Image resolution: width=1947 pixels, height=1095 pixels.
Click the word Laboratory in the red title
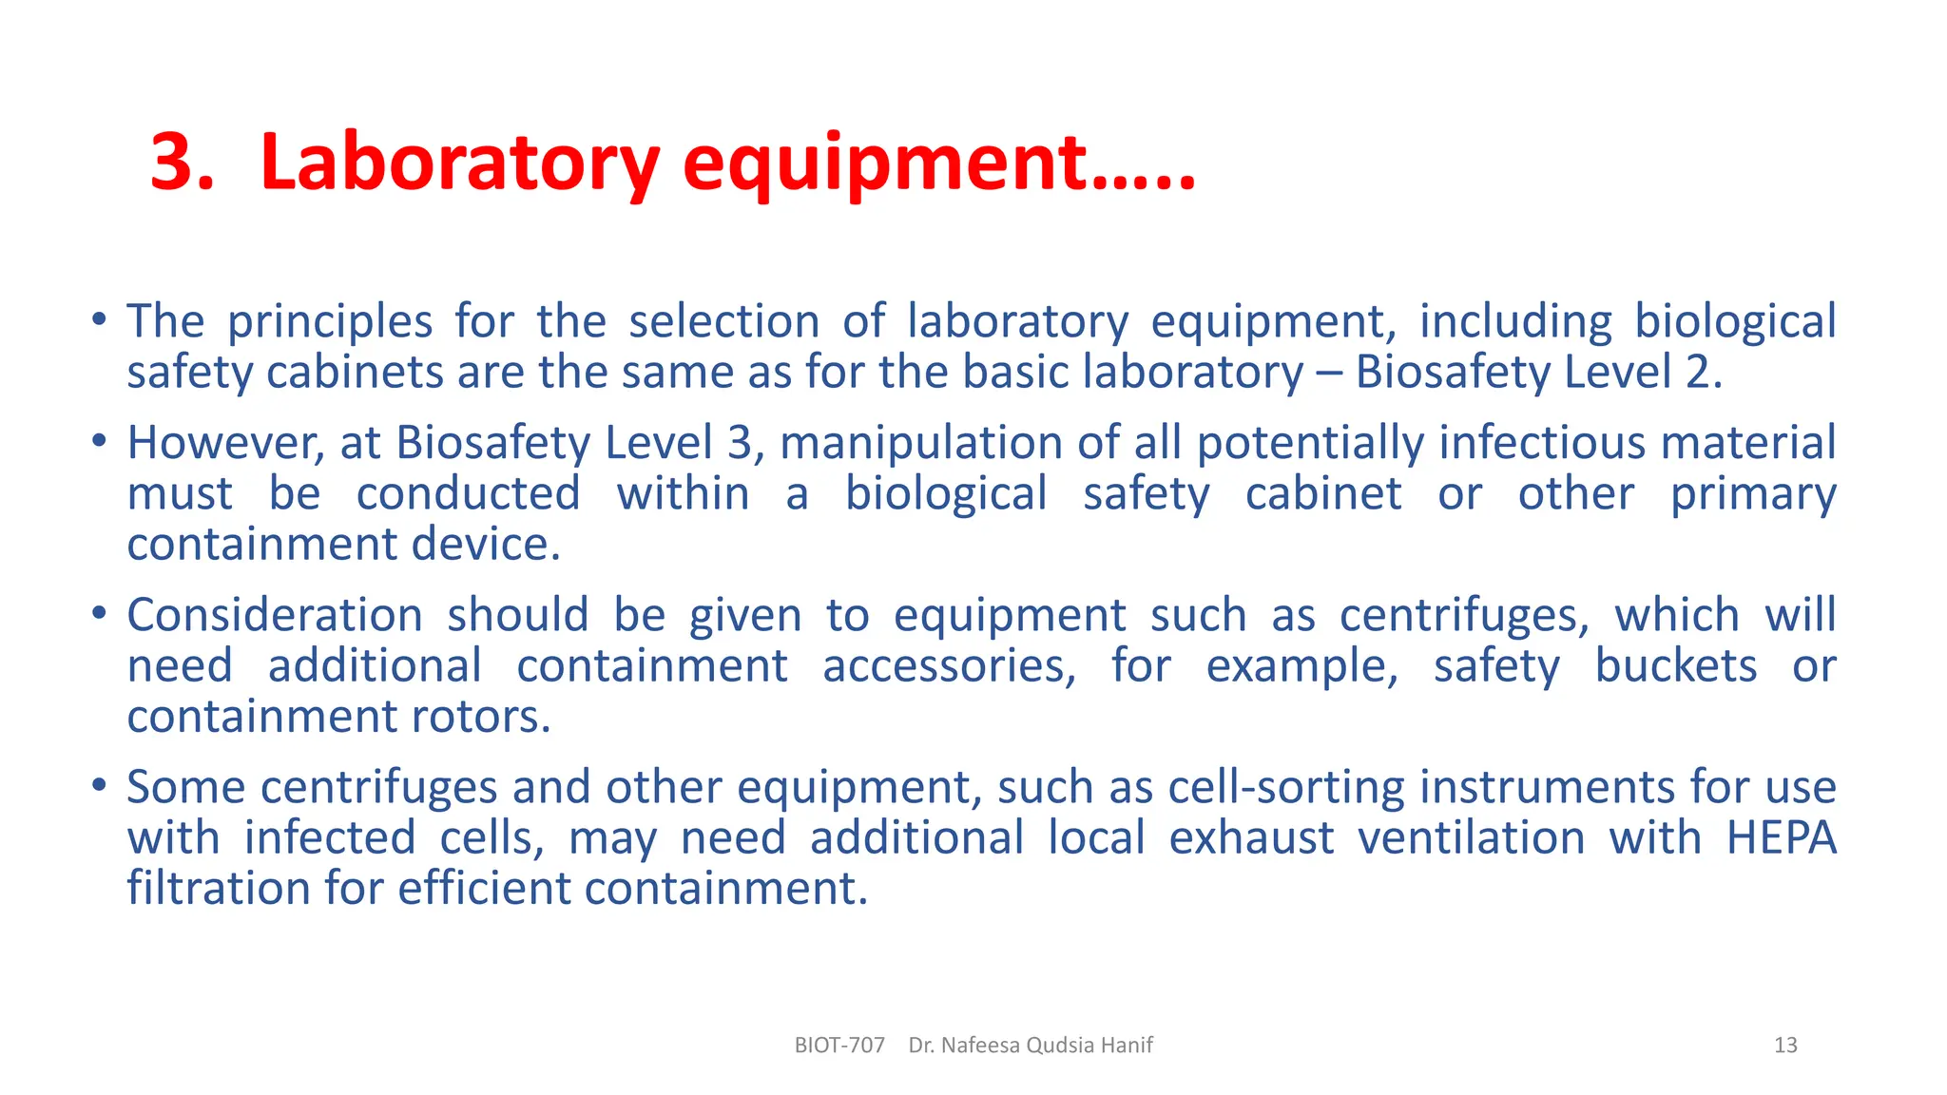pos(458,163)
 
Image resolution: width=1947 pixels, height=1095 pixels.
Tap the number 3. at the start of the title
pos(183,163)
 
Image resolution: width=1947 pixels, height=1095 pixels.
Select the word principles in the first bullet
pos(329,321)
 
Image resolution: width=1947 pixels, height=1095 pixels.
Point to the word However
pos(225,443)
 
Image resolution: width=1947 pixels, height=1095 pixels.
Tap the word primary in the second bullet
pos(1752,495)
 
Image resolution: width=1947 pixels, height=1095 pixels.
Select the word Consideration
pos(275,615)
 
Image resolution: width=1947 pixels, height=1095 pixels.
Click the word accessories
pos(949,665)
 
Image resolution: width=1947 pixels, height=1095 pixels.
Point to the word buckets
pos(1675,665)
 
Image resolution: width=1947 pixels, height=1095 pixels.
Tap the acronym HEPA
pos(1781,838)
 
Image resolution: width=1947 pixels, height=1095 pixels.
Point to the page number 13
pos(1785,1046)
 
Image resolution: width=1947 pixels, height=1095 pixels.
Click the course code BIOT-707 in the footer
pos(839,1046)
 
